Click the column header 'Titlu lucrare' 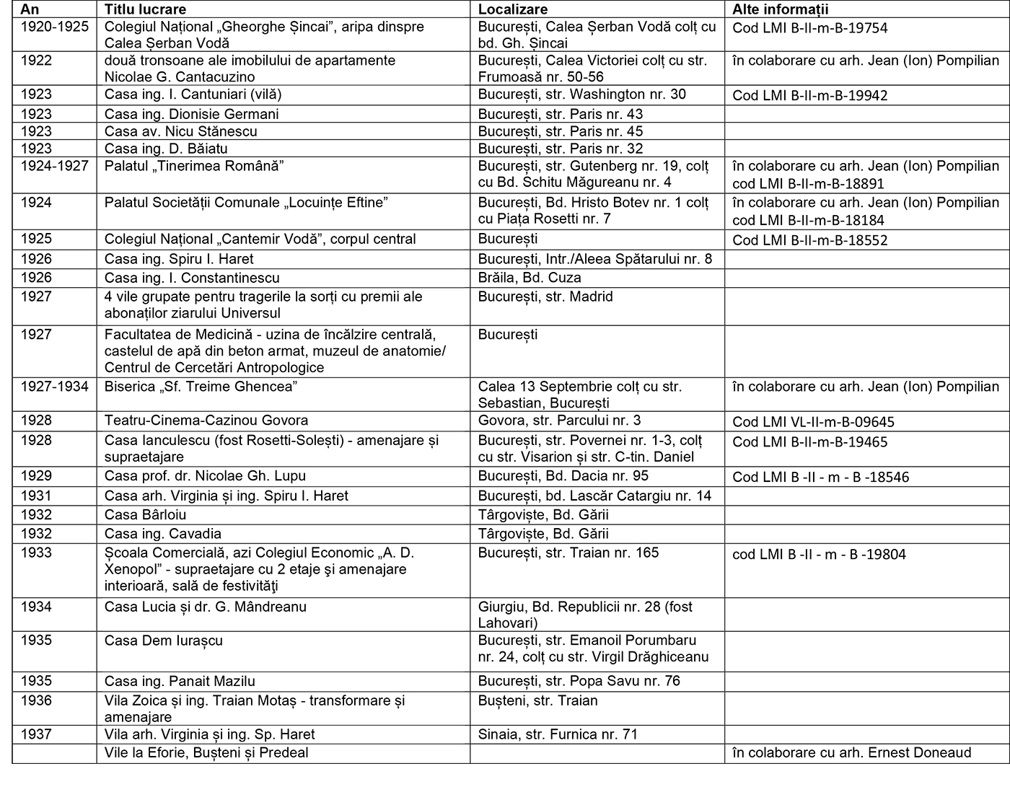pyautogui.click(x=145, y=9)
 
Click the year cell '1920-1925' pyautogui.click(x=54, y=27)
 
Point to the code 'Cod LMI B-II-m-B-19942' pyautogui.click(x=809, y=95)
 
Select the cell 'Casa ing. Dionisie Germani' pyautogui.click(x=191, y=114)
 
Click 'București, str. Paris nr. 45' pyautogui.click(x=560, y=131)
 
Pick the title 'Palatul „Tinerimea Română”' pyautogui.click(x=194, y=166)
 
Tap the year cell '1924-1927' pyautogui.click(x=54, y=166)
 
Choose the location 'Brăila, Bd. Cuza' pyautogui.click(x=530, y=278)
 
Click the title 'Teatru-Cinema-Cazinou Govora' pyautogui.click(x=206, y=421)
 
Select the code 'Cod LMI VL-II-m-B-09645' pyautogui.click(x=813, y=422)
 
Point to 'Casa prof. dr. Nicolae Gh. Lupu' pyautogui.click(x=205, y=476)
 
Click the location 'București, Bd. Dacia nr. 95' pyautogui.click(x=563, y=476)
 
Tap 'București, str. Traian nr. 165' pyautogui.click(x=568, y=553)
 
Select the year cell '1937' pyautogui.click(x=36, y=734)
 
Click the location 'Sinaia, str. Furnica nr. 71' pyautogui.click(x=558, y=734)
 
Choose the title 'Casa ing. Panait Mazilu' pyautogui.click(x=180, y=681)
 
